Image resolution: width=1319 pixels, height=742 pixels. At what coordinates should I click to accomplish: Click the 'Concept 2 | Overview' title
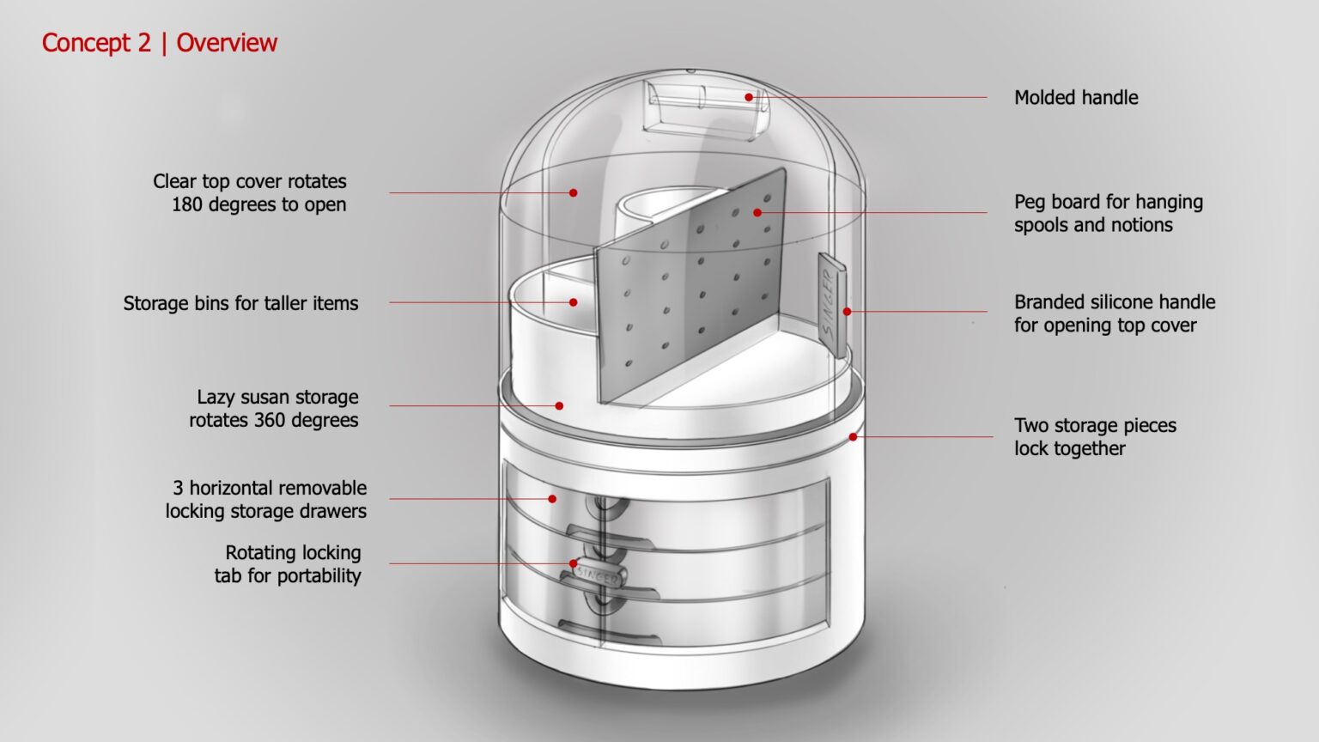click(160, 43)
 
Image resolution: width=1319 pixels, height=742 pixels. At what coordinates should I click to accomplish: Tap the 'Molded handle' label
click(1076, 98)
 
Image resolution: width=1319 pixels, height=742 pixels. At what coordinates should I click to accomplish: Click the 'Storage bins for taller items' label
click(240, 303)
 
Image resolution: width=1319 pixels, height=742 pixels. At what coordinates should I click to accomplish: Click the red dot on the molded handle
click(749, 97)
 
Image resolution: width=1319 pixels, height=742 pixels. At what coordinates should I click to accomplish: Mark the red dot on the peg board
click(757, 212)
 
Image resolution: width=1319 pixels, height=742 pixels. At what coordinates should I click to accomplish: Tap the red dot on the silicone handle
click(847, 312)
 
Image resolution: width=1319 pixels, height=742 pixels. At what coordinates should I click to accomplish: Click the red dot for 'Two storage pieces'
click(853, 437)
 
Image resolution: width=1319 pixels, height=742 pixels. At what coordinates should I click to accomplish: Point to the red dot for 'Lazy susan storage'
click(559, 405)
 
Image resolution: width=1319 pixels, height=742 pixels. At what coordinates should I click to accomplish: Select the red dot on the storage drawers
click(552, 498)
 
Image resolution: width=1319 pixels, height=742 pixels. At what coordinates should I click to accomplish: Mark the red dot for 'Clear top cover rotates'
click(574, 192)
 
